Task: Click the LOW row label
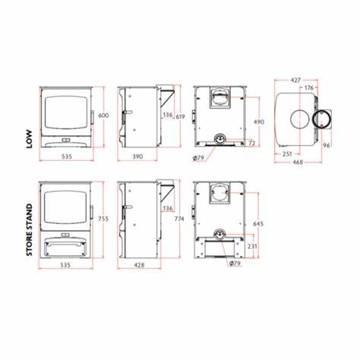[x=30, y=139]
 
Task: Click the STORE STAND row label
[x=30, y=229]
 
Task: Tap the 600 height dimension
[x=103, y=115]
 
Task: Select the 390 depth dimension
[x=137, y=156]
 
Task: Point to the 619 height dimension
[x=180, y=117]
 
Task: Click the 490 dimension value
[x=259, y=122]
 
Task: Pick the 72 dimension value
[x=252, y=143]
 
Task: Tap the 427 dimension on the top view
[x=295, y=81]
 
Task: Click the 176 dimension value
[x=309, y=87]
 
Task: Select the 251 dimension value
[x=287, y=153]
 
